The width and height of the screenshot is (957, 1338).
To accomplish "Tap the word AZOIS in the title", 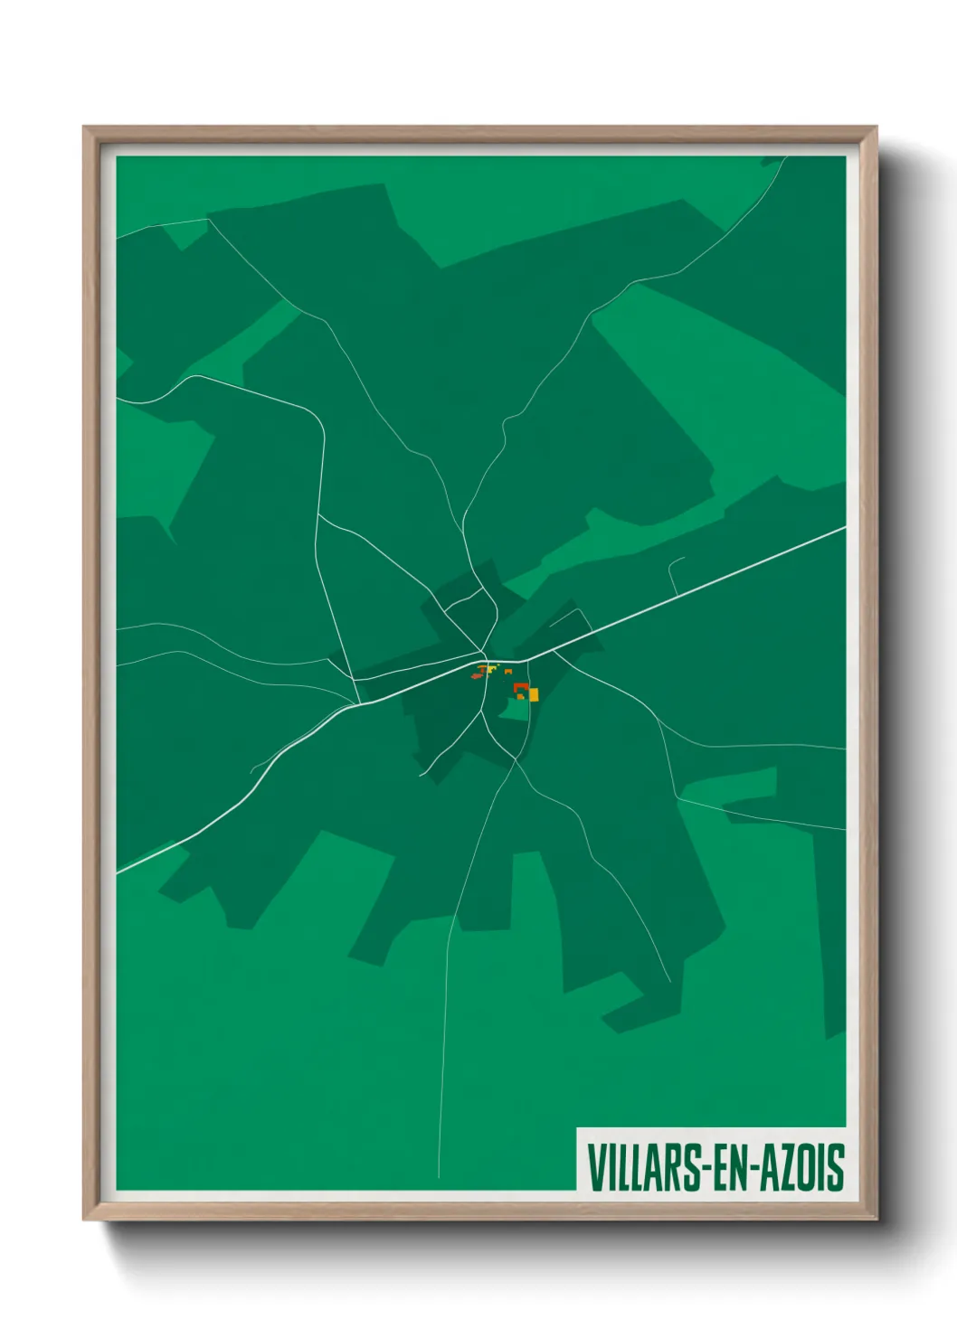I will tap(800, 1167).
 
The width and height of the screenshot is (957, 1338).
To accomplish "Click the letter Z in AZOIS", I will tap(784, 1167).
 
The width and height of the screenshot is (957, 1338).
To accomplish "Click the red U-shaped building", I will tap(519, 689).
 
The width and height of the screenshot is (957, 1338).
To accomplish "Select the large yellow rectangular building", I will tap(533, 694).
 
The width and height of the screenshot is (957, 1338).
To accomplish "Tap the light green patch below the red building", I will tap(516, 709).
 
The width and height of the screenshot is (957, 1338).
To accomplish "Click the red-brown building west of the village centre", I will tap(477, 674).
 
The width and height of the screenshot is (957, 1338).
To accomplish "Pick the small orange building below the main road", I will tap(508, 672).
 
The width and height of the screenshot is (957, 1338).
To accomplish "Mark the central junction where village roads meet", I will tap(486, 655).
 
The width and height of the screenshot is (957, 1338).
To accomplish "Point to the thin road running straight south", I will tap(445, 1040).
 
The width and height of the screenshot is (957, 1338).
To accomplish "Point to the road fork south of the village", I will tap(515, 761).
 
